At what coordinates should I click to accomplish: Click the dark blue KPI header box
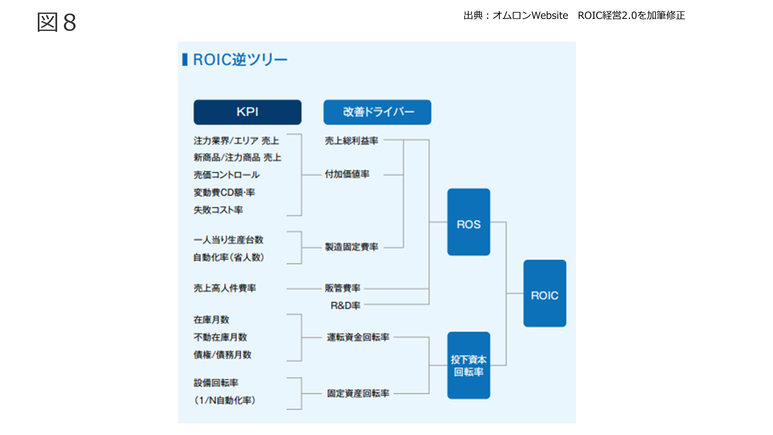[x=247, y=112]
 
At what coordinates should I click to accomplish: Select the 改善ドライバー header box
[x=377, y=112]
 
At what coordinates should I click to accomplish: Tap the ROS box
[x=468, y=222]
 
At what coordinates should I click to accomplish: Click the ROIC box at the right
[x=545, y=293]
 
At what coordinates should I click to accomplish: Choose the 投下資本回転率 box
[x=468, y=365]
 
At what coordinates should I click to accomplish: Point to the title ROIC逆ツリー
[x=240, y=59]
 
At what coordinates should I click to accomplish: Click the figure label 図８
[x=56, y=22]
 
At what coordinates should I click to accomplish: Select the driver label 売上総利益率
[x=351, y=140]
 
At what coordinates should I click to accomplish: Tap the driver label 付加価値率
[x=347, y=174]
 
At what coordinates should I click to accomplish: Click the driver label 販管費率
[x=342, y=288]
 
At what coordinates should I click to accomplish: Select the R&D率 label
[x=345, y=306]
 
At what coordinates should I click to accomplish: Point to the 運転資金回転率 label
[x=358, y=337]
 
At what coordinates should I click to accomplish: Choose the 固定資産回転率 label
[x=358, y=393]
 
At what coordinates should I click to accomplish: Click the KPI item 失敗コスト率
[x=218, y=210]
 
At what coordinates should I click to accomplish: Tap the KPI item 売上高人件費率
[x=225, y=288]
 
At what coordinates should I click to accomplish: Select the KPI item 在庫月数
[x=211, y=320]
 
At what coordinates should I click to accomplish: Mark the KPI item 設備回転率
[x=216, y=383]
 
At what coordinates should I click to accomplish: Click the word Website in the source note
[x=549, y=15]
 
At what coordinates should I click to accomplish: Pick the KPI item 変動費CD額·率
[x=224, y=192]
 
